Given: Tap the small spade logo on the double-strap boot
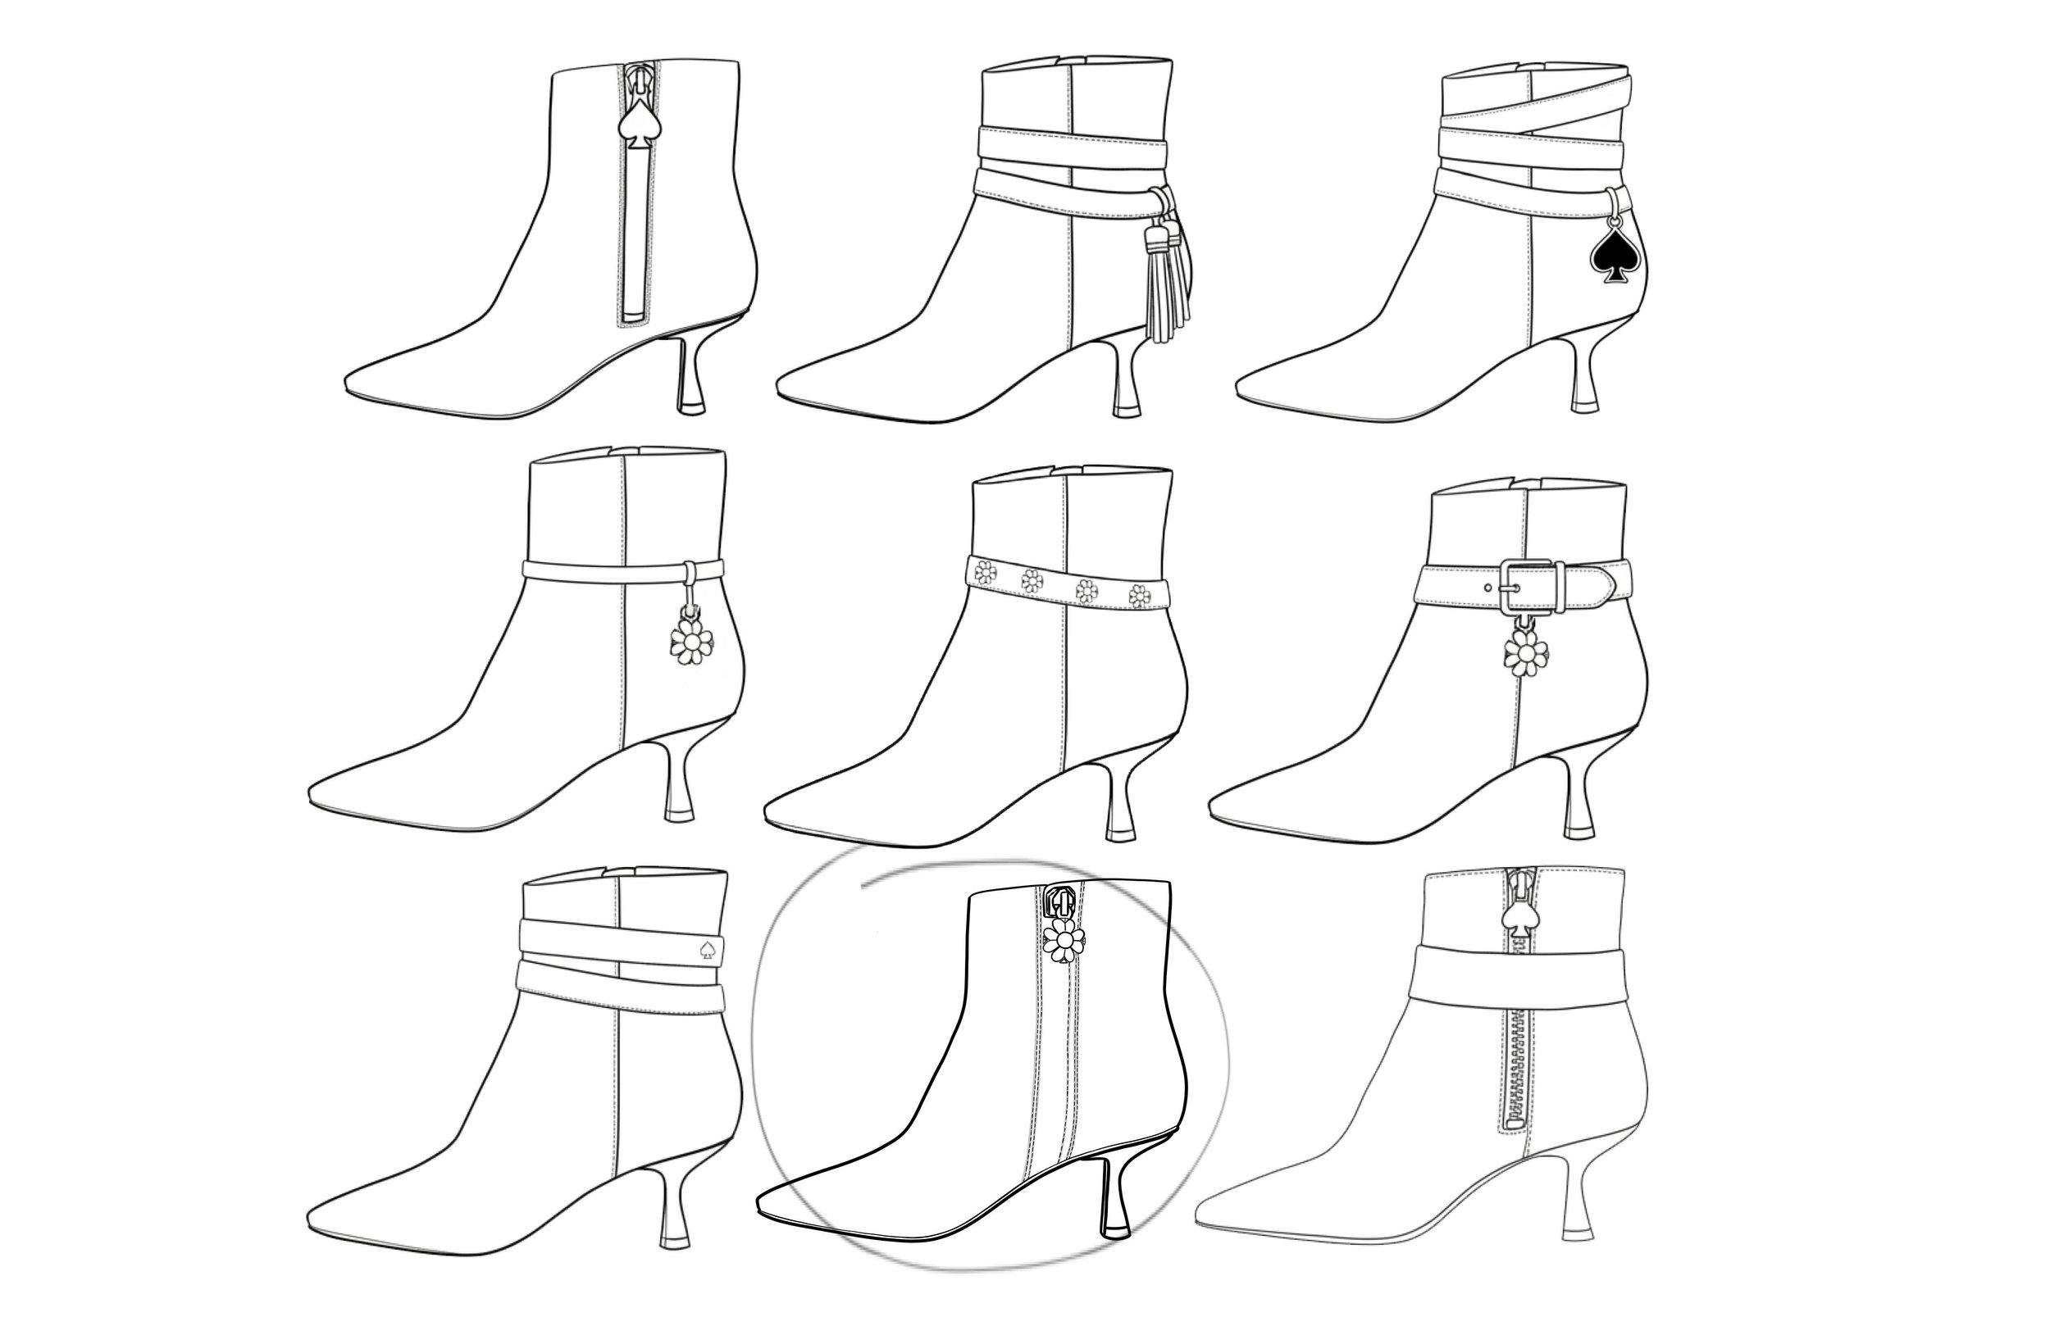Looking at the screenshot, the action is click(708, 951).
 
